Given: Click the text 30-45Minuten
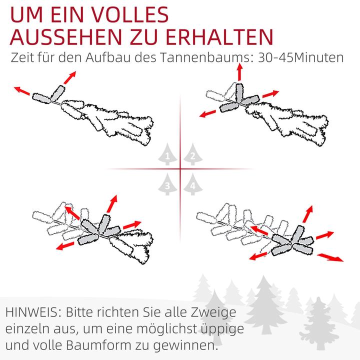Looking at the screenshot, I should click(x=301, y=57).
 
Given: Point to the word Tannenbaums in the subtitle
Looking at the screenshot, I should click(x=205, y=57).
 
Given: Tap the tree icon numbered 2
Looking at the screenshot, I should click(x=192, y=155).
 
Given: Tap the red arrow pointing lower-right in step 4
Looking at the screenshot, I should click(x=331, y=255).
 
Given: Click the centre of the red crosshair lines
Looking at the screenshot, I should click(x=180, y=169).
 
